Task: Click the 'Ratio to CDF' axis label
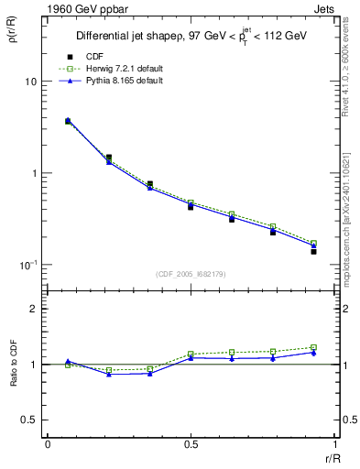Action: (x=16, y=365)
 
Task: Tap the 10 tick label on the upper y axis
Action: (x=30, y=82)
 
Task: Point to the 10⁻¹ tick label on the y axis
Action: (x=27, y=264)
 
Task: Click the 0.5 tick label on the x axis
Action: (x=191, y=444)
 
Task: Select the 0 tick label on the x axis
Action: (x=48, y=444)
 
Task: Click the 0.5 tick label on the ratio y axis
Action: (x=29, y=420)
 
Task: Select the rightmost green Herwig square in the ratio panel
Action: (x=313, y=347)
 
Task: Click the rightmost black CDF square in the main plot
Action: (x=313, y=251)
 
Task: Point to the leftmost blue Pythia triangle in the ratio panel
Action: (x=68, y=361)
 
